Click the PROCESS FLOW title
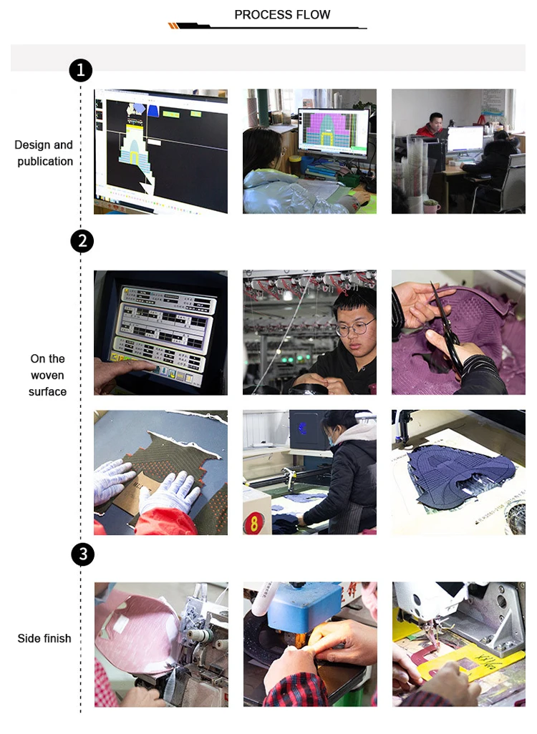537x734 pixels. [282, 15]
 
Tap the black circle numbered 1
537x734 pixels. [81, 70]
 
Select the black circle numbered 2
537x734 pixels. [82, 241]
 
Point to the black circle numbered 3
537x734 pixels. [83, 554]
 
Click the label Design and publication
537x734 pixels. [44, 153]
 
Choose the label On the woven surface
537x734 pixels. [47, 375]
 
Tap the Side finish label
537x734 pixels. [44, 639]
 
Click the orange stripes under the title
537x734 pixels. [173, 26]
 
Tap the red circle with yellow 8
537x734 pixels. [253, 523]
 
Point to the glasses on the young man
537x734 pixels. [355, 327]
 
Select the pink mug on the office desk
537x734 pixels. [431, 207]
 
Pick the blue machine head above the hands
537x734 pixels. [304, 602]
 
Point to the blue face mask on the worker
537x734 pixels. [332, 441]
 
